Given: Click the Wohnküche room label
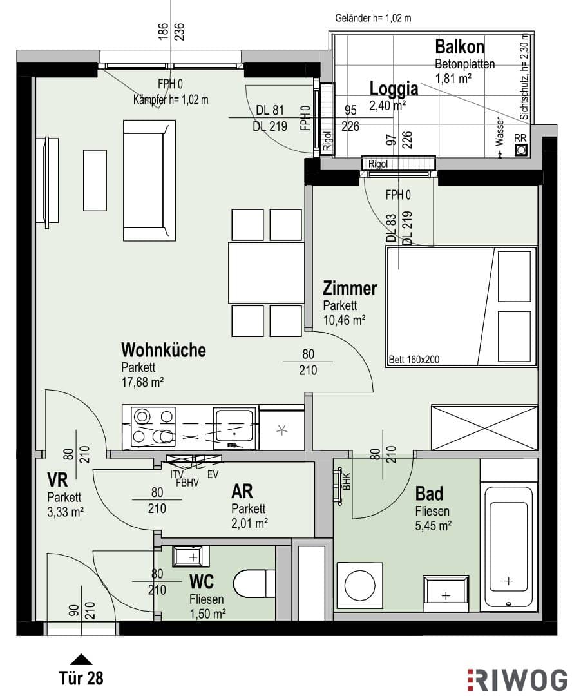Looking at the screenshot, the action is (164, 350).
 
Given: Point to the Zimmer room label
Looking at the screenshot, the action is (350, 288).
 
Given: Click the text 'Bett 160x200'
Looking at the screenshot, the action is (414, 359).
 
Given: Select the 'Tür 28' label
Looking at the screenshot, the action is (81, 678).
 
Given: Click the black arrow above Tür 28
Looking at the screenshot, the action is (81, 660).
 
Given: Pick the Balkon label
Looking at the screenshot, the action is (459, 46).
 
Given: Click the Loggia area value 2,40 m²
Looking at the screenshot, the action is (387, 106).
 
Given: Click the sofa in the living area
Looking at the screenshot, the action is (149, 180).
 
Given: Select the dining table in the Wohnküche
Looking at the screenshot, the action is (266, 272).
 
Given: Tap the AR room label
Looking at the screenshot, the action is (242, 491).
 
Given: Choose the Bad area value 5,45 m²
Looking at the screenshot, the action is (433, 526).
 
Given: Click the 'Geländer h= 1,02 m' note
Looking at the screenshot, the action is (373, 18).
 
